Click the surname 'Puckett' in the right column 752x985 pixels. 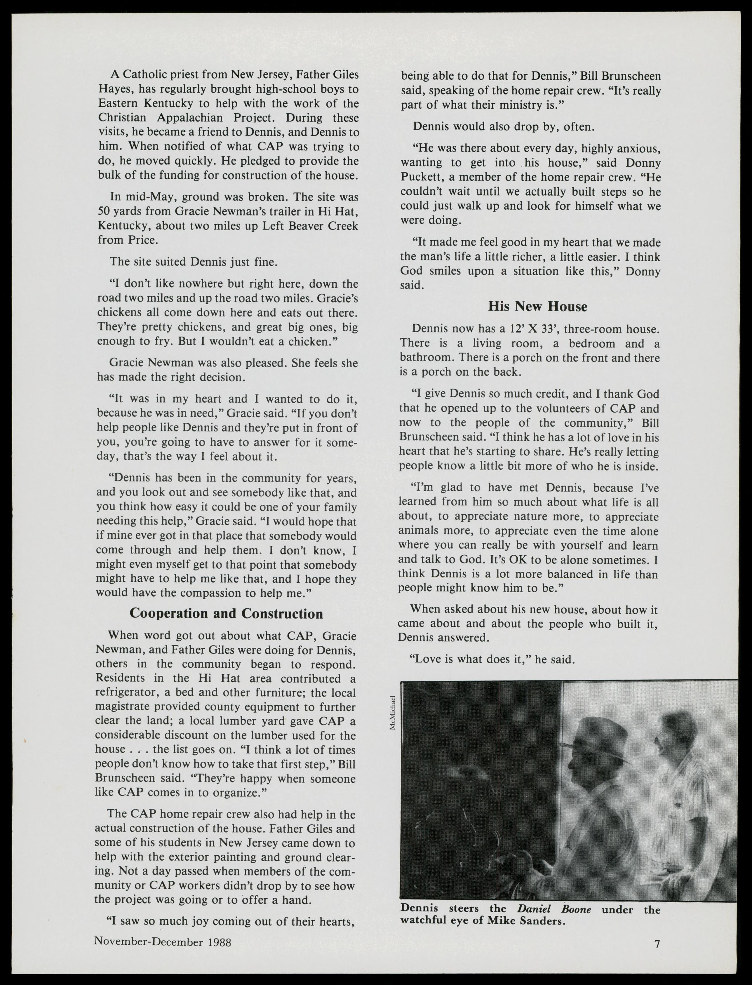coord(419,177)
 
